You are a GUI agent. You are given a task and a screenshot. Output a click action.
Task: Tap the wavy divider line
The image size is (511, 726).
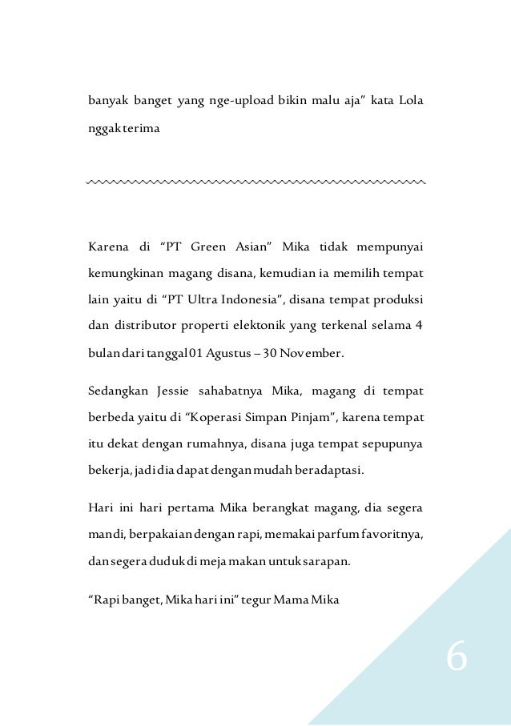[255, 183]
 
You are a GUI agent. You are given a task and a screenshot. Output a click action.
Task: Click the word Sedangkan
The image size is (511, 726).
[118, 391]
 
